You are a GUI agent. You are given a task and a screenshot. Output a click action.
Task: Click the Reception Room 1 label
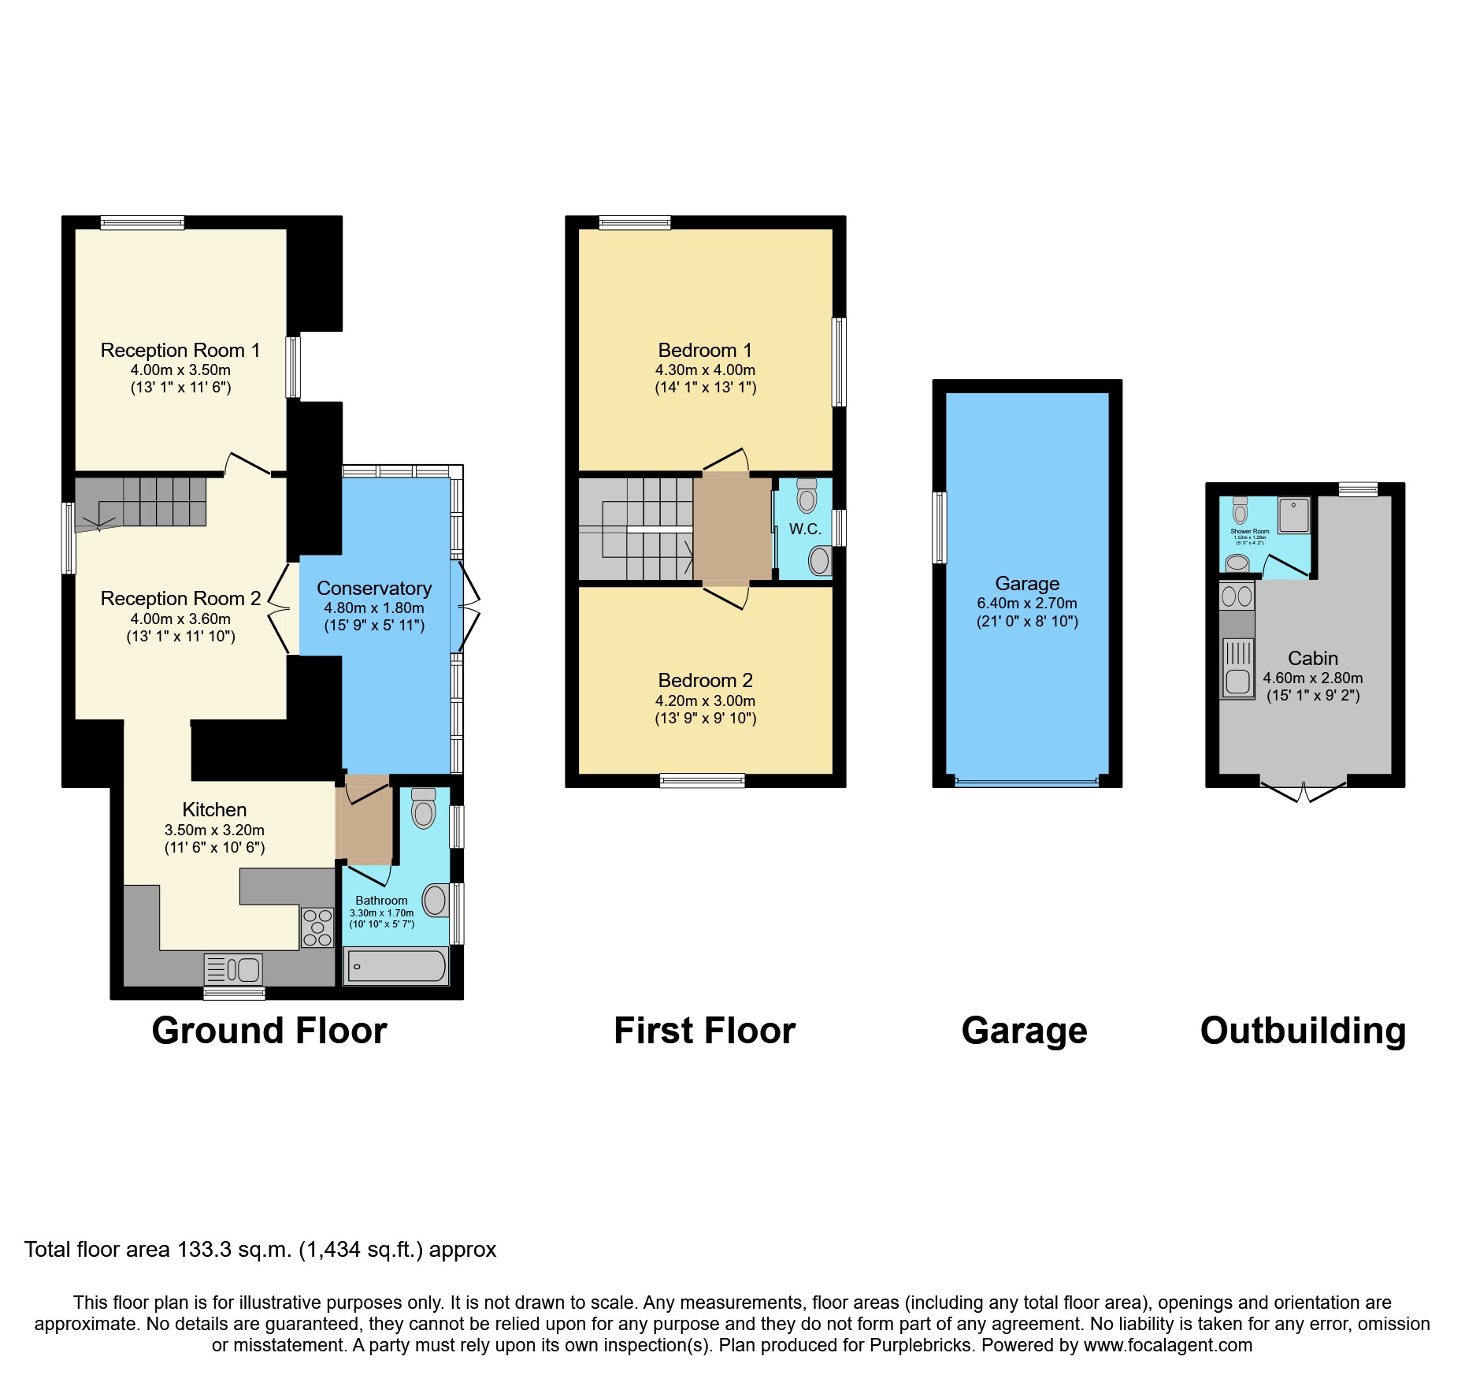point(180,351)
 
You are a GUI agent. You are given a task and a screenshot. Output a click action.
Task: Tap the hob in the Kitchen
point(317,927)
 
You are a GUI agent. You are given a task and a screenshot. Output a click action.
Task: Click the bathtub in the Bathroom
point(396,966)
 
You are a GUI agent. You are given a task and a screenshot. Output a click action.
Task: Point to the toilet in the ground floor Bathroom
point(424,809)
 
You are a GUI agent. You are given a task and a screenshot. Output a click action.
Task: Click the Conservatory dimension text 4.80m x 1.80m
point(374,608)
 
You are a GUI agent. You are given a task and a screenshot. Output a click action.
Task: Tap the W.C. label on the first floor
point(805,529)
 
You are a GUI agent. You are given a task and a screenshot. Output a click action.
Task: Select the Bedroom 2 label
point(705,681)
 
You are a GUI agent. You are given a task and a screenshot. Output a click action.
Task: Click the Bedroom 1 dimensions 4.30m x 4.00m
point(705,370)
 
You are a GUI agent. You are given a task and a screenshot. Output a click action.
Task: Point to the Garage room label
point(1027,584)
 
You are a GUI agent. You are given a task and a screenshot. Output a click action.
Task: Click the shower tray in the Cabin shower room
point(1294,515)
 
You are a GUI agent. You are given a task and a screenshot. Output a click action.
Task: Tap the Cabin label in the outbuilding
point(1312,659)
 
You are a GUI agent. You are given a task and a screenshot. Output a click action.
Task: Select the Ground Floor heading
point(269,1031)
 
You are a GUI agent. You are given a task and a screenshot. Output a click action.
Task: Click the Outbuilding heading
point(1303,1031)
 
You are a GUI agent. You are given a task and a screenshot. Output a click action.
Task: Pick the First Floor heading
point(704,1031)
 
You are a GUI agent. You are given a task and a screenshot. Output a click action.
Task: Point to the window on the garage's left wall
point(939,528)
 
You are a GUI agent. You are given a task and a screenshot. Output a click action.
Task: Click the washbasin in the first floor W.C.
point(820,561)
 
